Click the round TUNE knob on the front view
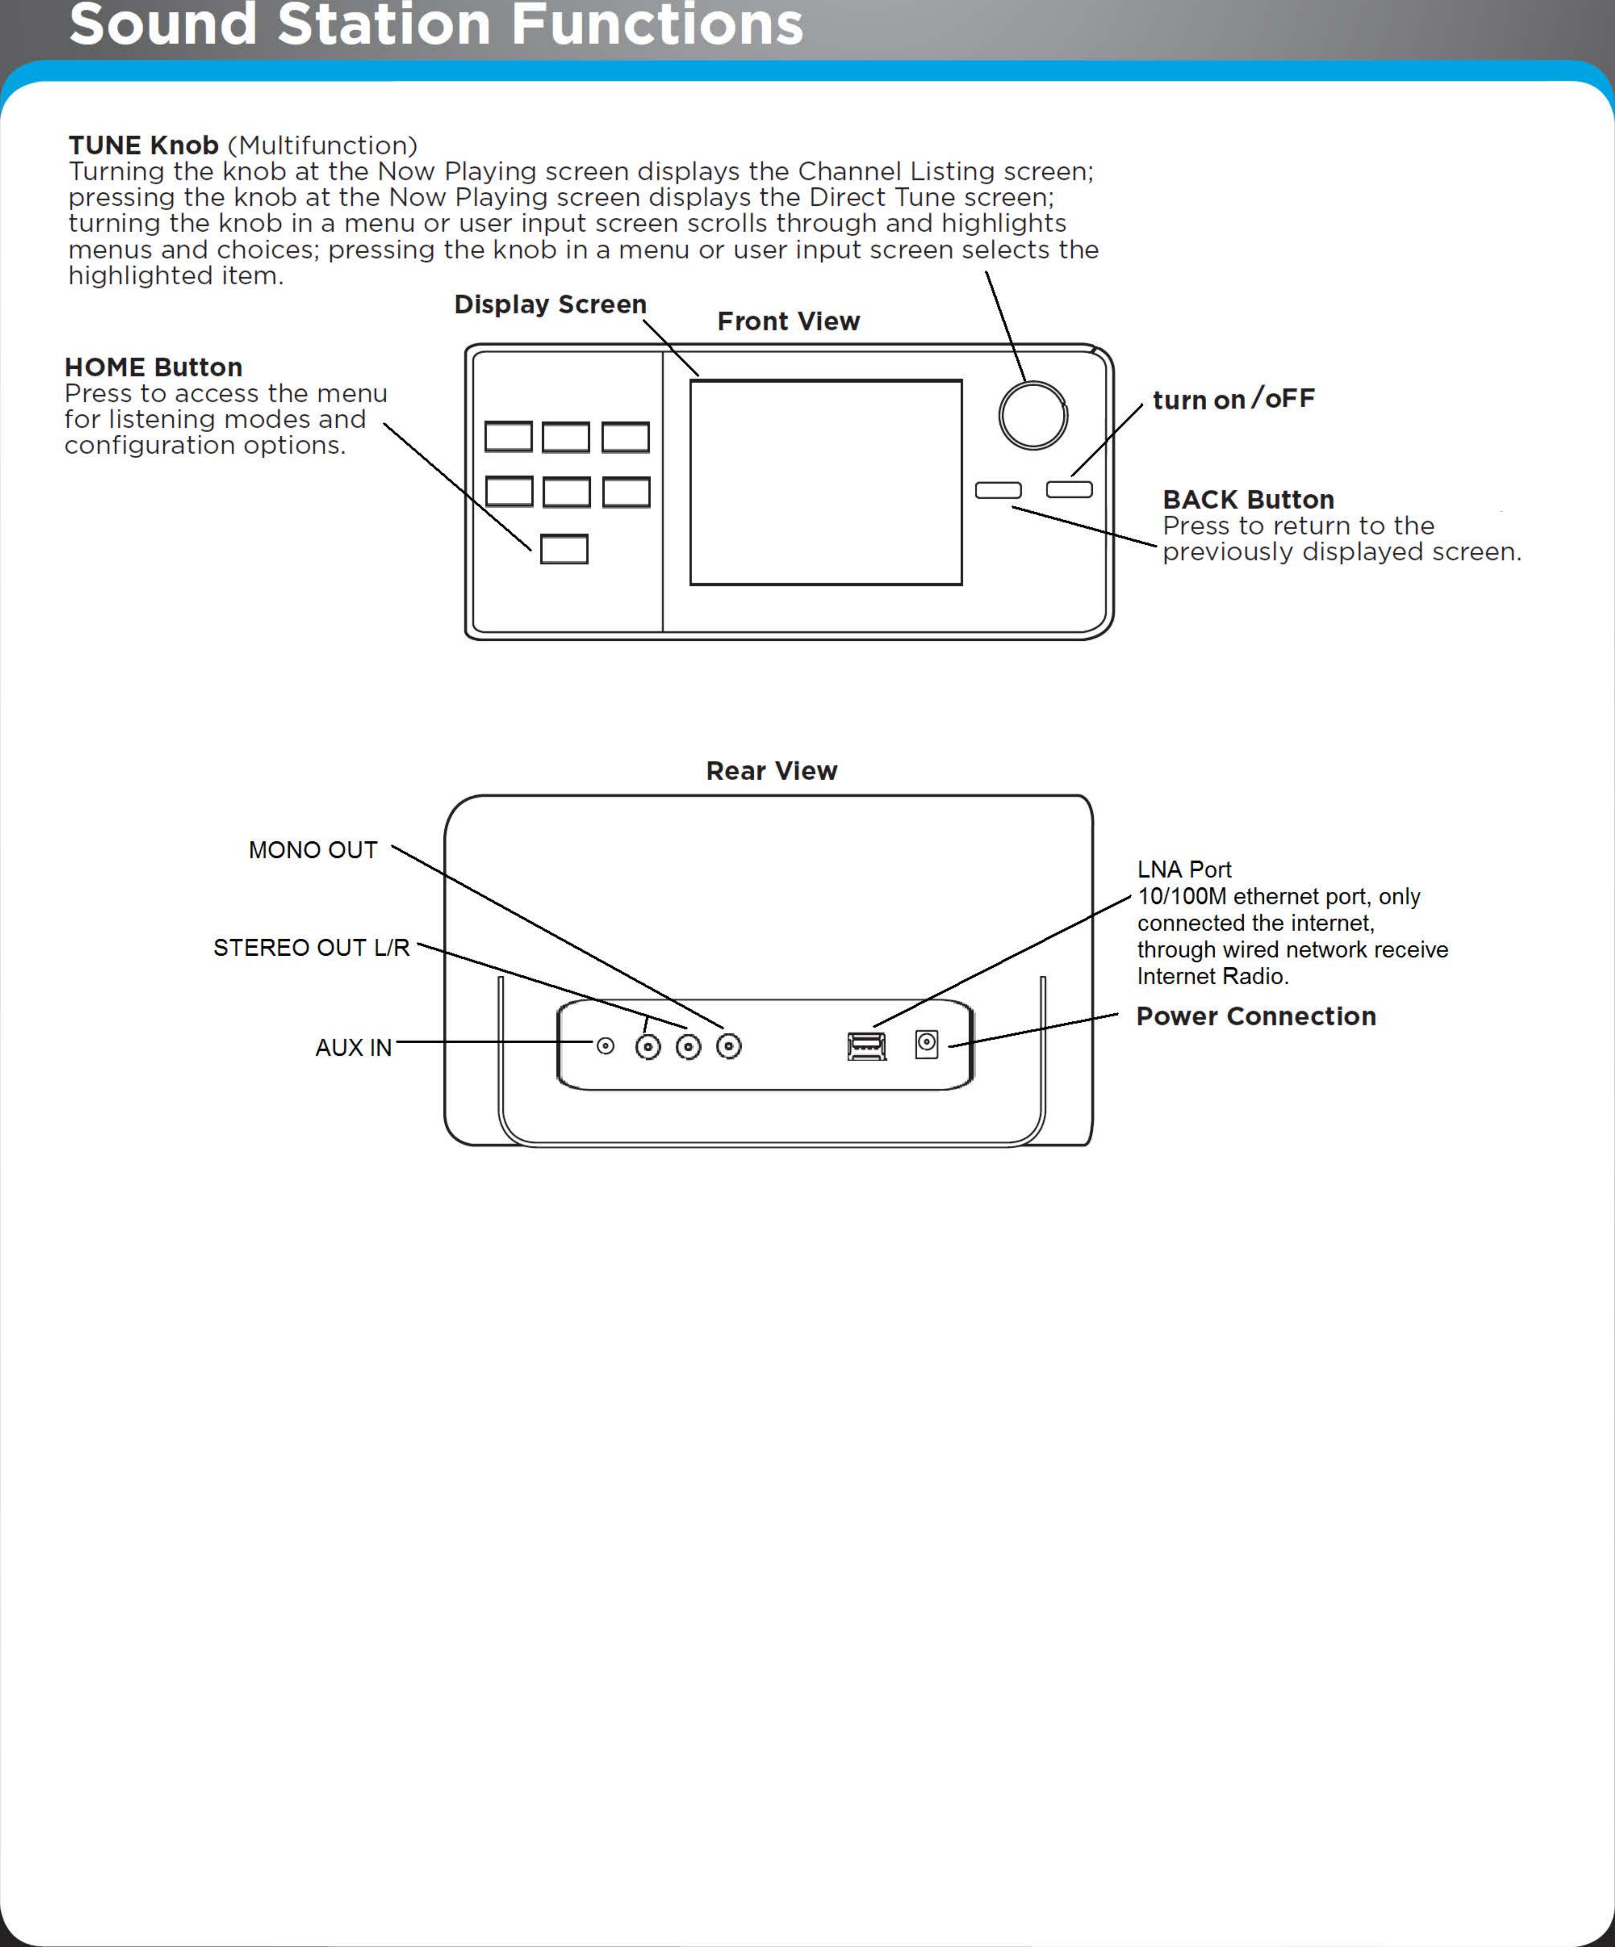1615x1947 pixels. (x=1033, y=415)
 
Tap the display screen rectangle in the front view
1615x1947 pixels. (x=825, y=482)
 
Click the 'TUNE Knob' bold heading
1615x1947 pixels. (x=144, y=146)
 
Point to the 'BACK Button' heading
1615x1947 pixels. (x=1248, y=500)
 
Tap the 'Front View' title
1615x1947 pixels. (x=788, y=322)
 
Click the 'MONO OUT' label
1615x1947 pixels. (x=313, y=850)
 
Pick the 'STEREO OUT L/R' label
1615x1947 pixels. (x=311, y=948)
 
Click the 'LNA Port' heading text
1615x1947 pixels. (x=1184, y=870)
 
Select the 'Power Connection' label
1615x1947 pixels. (x=1255, y=1016)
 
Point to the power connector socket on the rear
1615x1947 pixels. (x=926, y=1044)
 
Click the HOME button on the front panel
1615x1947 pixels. (x=564, y=549)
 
